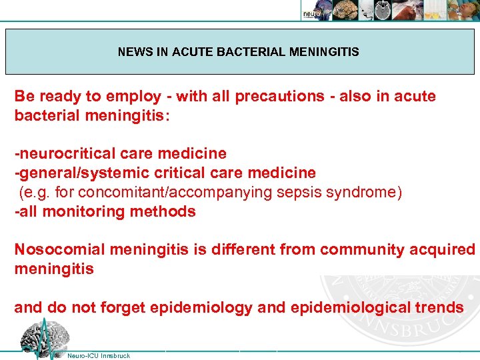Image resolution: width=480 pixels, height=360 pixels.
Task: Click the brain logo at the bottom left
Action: (41, 338)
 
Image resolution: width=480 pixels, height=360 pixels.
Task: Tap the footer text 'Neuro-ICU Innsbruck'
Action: (99, 355)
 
